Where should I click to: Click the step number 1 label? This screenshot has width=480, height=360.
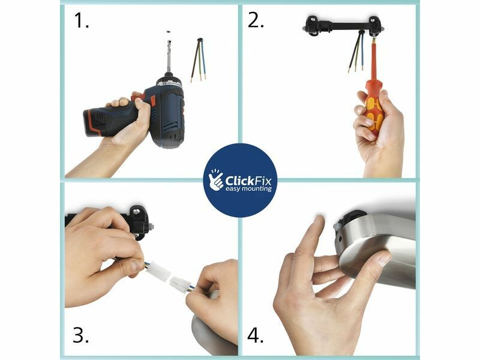tap(82, 21)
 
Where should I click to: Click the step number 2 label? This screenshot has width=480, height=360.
tap(256, 21)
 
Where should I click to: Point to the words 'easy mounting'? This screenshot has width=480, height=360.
tap(248, 189)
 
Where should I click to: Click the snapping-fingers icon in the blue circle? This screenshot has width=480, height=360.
tap(216, 179)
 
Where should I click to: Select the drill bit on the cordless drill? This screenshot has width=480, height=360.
tap(169, 57)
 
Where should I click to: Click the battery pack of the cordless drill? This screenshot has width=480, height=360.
tap(97, 122)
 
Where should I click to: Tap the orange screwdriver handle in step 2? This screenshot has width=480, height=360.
tap(373, 112)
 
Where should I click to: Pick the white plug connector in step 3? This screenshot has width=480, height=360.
tap(169, 277)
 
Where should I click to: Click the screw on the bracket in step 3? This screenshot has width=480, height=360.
tap(136, 211)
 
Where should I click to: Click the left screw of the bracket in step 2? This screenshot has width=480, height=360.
tap(313, 20)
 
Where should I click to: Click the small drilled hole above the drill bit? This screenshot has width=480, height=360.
tap(168, 31)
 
